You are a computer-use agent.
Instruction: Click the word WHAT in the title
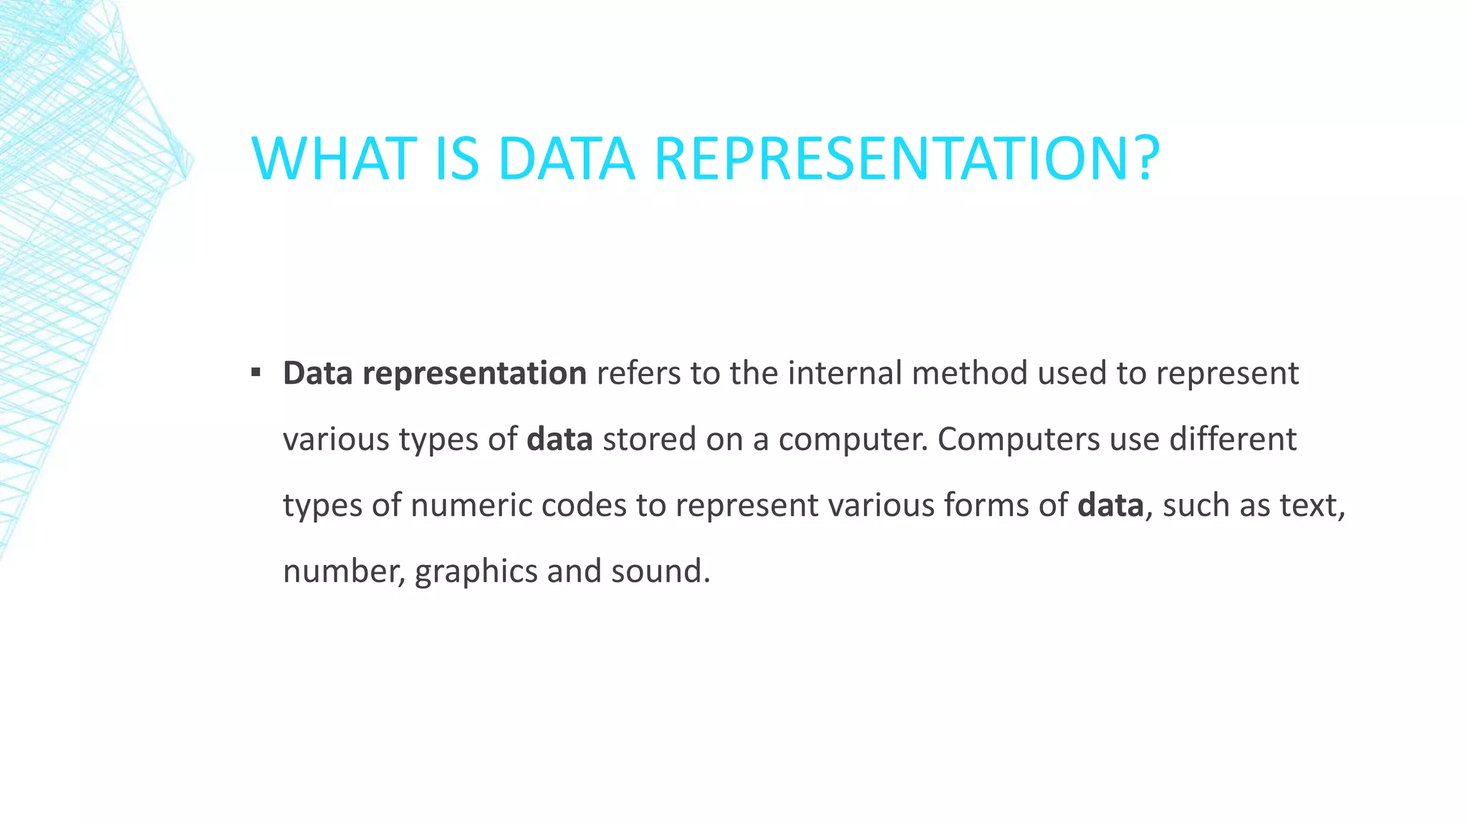[x=334, y=158]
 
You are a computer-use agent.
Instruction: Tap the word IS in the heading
[x=456, y=158]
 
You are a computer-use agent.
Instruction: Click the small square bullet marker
[x=256, y=372]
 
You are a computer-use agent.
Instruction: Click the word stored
[x=649, y=440]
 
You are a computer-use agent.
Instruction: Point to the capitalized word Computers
[x=1018, y=440]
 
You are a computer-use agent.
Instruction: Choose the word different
[x=1233, y=440]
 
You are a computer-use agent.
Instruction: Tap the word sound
[x=659, y=571]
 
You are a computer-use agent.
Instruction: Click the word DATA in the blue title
[x=567, y=158]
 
